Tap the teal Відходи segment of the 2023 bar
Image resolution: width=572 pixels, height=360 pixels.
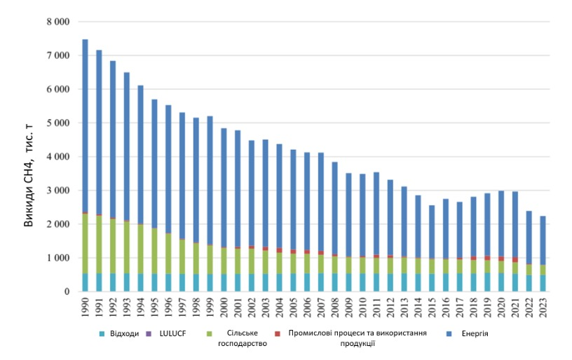pos(543,283)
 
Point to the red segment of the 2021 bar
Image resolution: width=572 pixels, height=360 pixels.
pos(515,260)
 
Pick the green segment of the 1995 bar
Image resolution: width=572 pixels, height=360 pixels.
pos(154,251)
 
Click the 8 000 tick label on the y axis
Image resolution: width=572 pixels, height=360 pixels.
pos(58,22)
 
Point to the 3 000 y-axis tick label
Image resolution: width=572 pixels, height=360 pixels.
pos(58,191)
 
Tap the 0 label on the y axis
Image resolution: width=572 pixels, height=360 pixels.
pos(67,291)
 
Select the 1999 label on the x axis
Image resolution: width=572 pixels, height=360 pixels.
pos(210,307)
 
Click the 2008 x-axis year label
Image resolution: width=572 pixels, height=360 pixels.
pos(334,307)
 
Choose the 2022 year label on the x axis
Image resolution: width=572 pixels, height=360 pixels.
pos(529,307)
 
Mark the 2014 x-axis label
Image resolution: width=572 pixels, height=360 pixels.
pos(418,307)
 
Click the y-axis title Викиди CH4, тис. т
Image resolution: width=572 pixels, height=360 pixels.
pos(29,175)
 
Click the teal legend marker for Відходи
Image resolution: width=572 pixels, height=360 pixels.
pos(102,334)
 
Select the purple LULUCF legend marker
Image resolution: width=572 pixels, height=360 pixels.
pos(148,334)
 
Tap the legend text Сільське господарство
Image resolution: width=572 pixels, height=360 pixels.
pos(243,338)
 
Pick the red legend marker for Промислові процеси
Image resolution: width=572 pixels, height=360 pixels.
pos(278,334)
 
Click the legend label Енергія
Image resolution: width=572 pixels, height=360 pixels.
pos(475,334)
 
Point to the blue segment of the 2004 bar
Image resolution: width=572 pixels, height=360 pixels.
pos(279,196)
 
